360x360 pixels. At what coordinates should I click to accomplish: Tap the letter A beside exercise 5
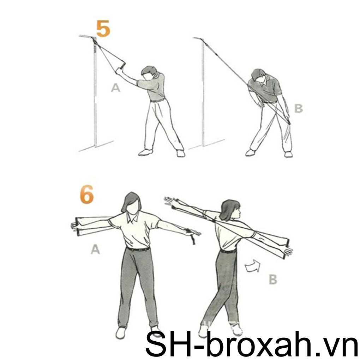click(115, 88)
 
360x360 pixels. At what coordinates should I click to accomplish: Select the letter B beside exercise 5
click(298, 108)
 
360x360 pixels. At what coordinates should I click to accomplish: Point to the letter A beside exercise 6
click(95, 250)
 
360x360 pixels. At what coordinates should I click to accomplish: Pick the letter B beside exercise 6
click(272, 280)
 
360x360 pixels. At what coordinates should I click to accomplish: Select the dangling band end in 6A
click(193, 239)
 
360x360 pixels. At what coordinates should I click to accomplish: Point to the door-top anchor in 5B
click(202, 39)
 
